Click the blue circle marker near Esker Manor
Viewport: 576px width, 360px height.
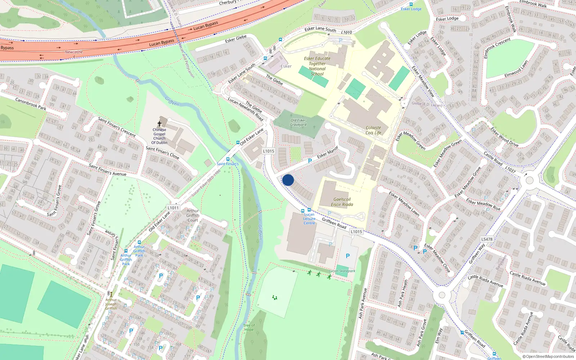[288, 180]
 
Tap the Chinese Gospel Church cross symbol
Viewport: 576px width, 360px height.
[159, 123]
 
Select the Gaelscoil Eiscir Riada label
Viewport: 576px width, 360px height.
[342, 202]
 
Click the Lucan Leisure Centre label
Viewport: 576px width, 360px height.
[309, 219]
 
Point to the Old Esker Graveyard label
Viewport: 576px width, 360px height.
[298, 123]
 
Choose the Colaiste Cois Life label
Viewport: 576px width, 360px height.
[373, 130]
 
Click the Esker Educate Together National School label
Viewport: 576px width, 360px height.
[317, 66]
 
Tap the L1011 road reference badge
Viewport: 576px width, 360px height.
[173, 208]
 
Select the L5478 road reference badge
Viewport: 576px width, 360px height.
[487, 239]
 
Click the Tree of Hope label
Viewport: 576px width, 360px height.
[249, 328]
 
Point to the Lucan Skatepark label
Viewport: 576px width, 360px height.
[342, 271]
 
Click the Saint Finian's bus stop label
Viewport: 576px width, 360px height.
[228, 164]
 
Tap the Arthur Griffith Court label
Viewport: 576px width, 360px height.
[193, 216]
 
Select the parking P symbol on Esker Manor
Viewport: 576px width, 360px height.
[310, 161]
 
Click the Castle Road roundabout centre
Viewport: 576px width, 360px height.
[529, 179]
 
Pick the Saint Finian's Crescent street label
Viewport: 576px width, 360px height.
[117, 127]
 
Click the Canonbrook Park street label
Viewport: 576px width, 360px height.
[31, 104]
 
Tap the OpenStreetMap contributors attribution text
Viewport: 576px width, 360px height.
[548, 357]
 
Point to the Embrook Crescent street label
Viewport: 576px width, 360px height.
[497, 48]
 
